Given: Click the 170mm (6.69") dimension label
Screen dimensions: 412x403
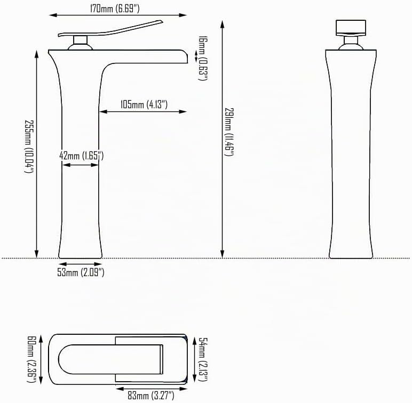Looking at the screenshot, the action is (115, 9).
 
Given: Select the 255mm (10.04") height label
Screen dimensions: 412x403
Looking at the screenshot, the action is (29, 147).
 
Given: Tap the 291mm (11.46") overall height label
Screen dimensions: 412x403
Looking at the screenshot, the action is (228, 132).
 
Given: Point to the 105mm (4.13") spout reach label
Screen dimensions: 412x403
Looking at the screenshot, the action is (144, 104).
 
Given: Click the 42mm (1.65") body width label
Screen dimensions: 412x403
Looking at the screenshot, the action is (82, 156).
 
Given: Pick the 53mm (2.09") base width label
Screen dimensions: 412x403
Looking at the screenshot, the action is (81, 272).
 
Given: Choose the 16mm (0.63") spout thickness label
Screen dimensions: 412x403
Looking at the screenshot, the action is (203, 58).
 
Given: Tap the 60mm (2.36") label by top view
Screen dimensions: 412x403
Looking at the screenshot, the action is (32, 359).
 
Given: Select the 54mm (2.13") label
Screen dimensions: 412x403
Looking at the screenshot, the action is (203, 359).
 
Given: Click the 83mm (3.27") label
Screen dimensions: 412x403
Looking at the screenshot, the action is (151, 396).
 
